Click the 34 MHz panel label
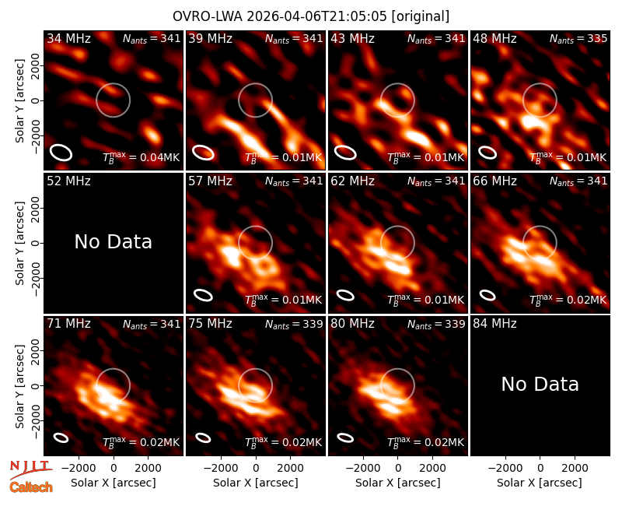(68, 38)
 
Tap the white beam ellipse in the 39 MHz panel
(203, 153)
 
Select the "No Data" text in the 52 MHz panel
(114, 242)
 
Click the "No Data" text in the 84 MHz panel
(540, 384)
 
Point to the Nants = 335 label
(578, 38)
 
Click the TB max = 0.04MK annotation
(142, 157)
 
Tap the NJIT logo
(30, 469)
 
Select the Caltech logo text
(31, 487)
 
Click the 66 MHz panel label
(494, 181)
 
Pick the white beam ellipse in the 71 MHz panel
(61, 437)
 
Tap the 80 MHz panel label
(353, 324)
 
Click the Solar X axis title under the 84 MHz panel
(540, 483)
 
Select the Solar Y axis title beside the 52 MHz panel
(19, 243)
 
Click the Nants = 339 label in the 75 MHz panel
(294, 324)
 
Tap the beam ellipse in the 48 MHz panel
(487, 153)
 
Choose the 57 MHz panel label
(210, 181)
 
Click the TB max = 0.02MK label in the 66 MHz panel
(568, 300)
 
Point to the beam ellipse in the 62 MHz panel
(345, 295)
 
